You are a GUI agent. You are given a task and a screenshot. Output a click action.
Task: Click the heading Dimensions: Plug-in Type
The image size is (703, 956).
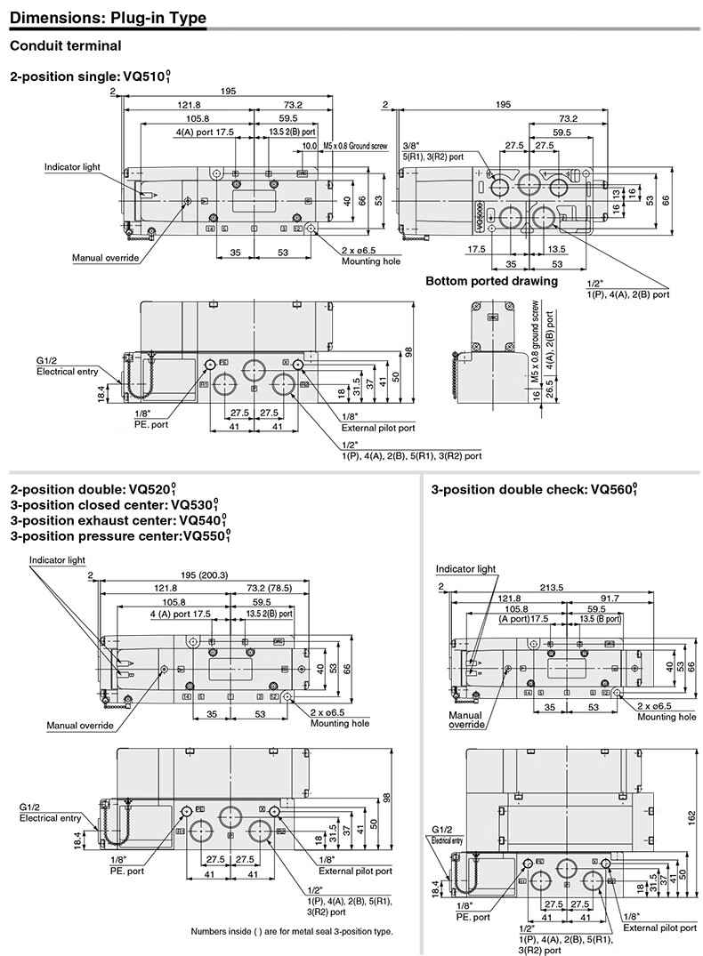(x=108, y=17)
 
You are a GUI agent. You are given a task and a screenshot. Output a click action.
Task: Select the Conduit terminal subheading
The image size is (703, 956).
(x=64, y=45)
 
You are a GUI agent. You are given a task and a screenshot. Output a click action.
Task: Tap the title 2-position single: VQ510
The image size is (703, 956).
(x=90, y=77)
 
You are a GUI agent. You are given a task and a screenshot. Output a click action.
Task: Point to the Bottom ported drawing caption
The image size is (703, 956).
(x=491, y=281)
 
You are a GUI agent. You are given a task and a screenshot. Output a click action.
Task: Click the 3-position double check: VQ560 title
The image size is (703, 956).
(x=535, y=489)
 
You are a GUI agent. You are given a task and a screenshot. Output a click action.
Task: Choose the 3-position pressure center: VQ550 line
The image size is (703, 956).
(x=120, y=536)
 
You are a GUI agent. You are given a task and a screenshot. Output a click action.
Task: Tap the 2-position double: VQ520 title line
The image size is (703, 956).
(x=93, y=489)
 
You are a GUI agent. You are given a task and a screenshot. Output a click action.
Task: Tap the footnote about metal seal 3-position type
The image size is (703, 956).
(x=291, y=931)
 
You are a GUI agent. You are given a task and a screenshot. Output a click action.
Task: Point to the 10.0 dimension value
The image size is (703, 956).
(x=309, y=145)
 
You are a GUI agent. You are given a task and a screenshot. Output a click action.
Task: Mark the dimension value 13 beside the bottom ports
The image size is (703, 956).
(x=618, y=194)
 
